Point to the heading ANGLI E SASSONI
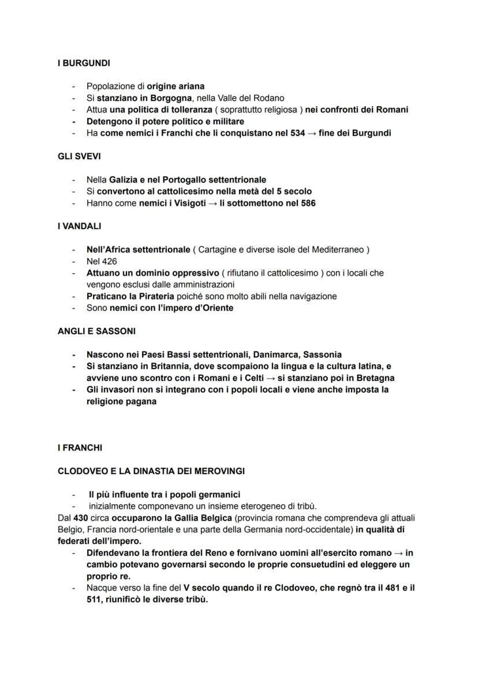[96, 331]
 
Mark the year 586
[307, 203]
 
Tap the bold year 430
[81, 518]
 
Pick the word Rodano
[269, 98]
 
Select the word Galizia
[125, 180]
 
